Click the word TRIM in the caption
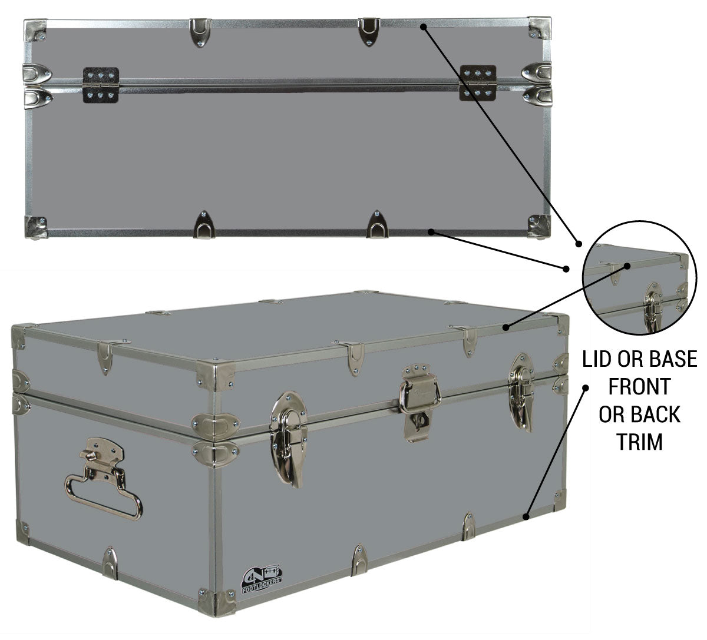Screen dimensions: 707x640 pyautogui.click(x=640, y=442)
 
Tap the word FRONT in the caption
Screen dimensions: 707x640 pyautogui.click(x=639, y=386)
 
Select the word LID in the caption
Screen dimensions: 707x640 pyautogui.click(x=596, y=359)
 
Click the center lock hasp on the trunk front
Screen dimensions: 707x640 pyautogui.click(x=419, y=403)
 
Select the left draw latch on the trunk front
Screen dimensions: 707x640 pyautogui.click(x=288, y=439)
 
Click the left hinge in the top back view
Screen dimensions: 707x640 pyautogui.click(x=100, y=85)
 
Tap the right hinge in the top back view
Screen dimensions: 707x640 pyautogui.click(x=478, y=83)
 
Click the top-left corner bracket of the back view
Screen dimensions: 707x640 pyautogui.click(x=35, y=30)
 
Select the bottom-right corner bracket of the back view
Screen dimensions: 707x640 pyautogui.click(x=539, y=227)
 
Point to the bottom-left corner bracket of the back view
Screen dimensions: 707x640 pyautogui.click(x=35, y=227)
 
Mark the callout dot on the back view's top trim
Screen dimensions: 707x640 pyautogui.click(x=424, y=26)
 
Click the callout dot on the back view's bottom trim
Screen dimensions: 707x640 pyautogui.click(x=431, y=231)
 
